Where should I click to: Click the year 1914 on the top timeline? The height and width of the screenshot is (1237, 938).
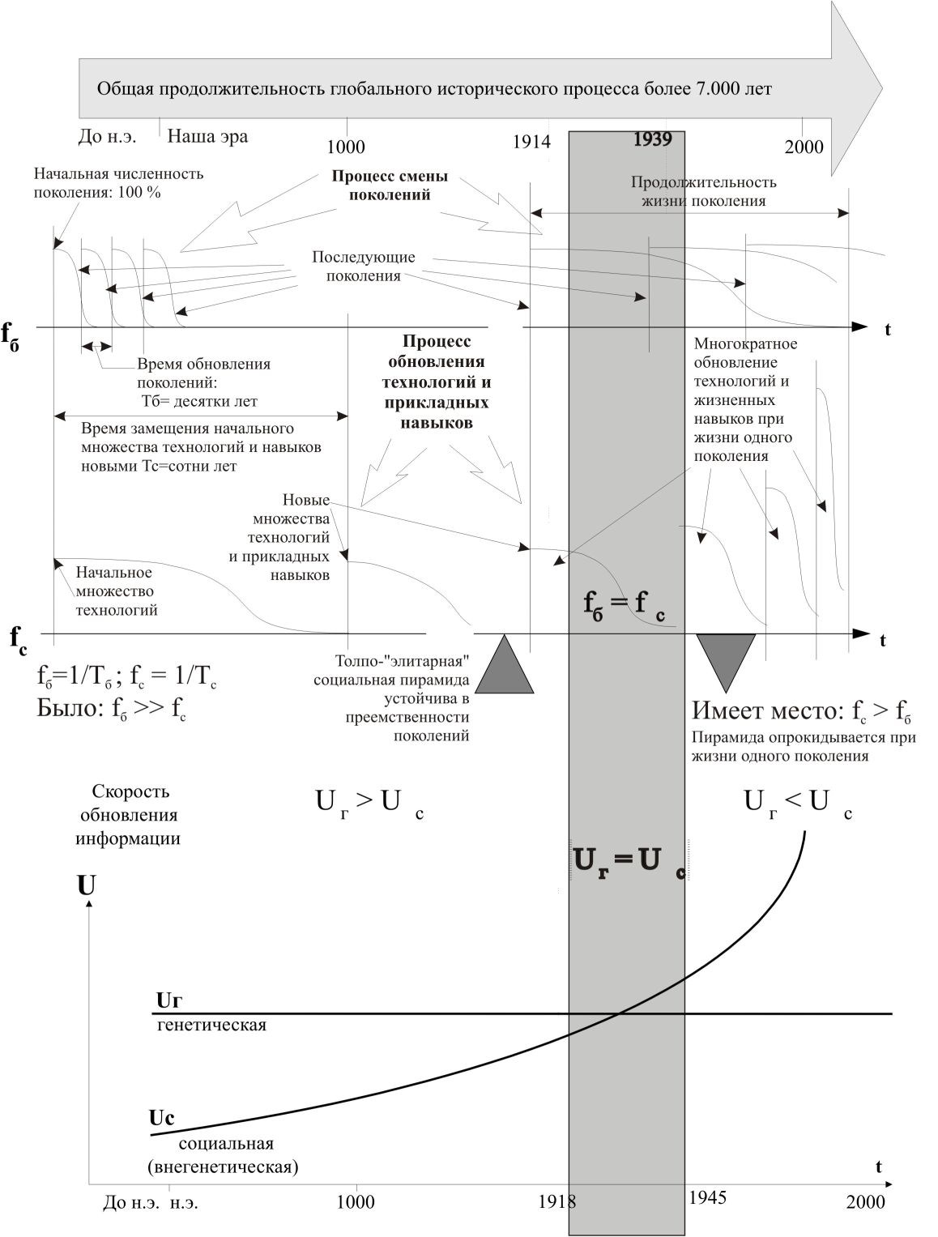point(531,143)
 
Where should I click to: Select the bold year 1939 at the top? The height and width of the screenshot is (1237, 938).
point(652,139)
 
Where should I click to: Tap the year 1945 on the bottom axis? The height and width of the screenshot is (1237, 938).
point(707,1197)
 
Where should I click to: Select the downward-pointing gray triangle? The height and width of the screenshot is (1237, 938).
point(726,658)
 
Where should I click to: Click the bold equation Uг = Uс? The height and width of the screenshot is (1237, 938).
point(628,861)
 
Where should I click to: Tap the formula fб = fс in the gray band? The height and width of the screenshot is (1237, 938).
point(624,604)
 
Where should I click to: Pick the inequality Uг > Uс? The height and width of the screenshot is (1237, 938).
point(369,803)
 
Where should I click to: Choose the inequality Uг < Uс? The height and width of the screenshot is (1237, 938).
point(797,803)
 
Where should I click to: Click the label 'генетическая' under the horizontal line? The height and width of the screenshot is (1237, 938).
point(211,1026)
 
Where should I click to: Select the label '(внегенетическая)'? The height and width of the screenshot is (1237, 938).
point(224,1167)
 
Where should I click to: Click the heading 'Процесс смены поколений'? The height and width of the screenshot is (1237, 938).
point(390,186)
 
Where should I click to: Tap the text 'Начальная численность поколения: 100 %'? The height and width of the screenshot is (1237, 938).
point(118,182)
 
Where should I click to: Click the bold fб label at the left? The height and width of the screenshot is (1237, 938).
point(11,334)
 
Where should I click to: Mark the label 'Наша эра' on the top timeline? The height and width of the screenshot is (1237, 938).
point(207,136)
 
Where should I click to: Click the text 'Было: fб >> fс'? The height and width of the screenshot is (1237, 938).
point(111,708)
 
